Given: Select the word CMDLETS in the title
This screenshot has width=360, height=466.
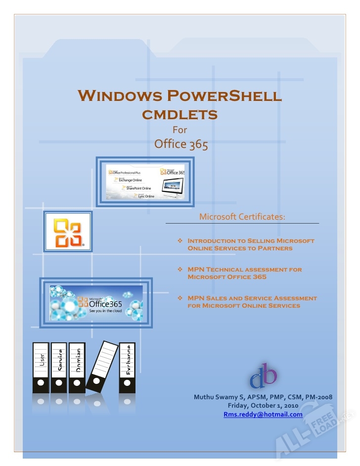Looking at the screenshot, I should tap(180, 115).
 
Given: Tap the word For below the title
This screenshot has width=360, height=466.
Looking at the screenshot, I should tap(180, 130).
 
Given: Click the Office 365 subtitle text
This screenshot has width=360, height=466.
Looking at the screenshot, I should tap(181, 144).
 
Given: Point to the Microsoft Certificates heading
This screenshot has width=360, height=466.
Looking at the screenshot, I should tap(242, 217).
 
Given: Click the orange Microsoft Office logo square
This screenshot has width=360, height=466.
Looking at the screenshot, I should tap(68, 232).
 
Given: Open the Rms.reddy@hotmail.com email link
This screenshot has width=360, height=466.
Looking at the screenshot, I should tap(263, 415).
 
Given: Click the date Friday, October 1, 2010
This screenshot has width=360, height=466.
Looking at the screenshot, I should tap(263, 406).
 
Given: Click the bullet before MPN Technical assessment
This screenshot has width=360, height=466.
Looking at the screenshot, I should tap(180, 270).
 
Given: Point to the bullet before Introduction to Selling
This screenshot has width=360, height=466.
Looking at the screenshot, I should tap(180, 241).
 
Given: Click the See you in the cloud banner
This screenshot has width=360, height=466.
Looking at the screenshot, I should tap(96, 303).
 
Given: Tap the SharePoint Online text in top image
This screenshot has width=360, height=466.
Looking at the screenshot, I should tap(138, 188).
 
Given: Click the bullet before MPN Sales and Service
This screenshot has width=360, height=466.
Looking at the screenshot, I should tap(180, 298).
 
